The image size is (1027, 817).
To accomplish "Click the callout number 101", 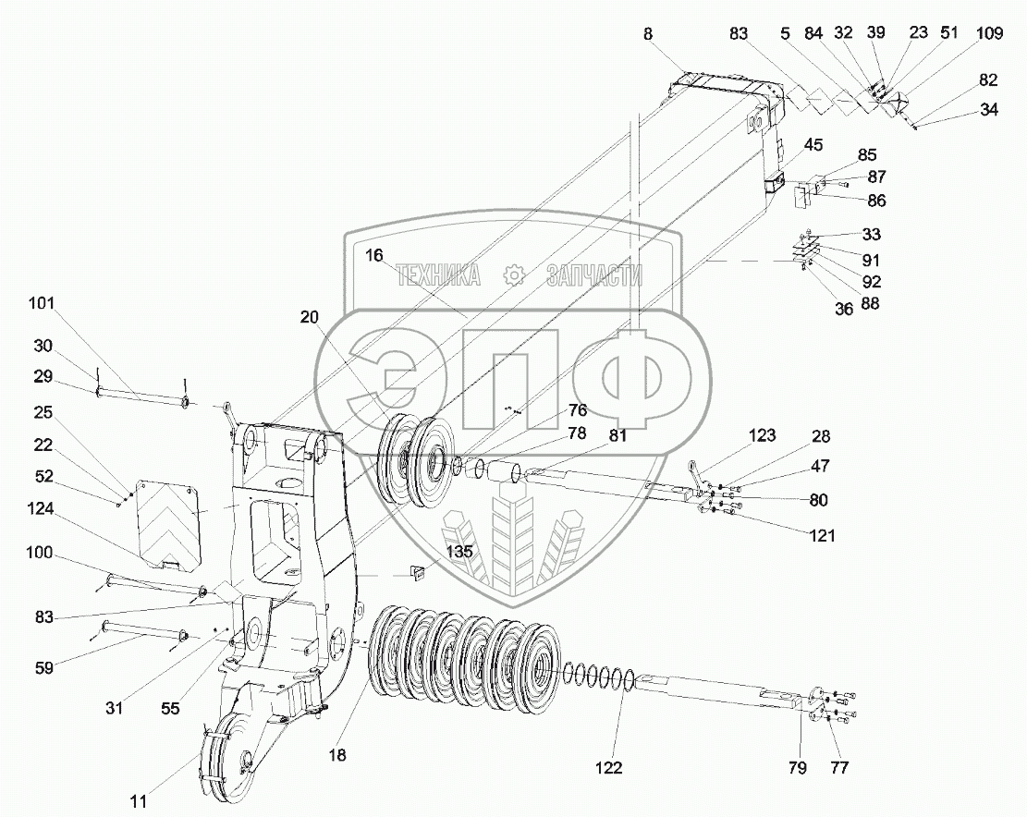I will tap(42, 303).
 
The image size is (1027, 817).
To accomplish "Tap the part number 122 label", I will tap(608, 768).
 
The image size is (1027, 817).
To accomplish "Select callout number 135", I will tap(460, 552).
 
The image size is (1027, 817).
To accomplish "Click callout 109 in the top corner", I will tap(988, 33).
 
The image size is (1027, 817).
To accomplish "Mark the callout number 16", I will tap(373, 256).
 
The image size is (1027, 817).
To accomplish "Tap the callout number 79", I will tap(797, 768).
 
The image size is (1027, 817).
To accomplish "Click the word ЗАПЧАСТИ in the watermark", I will tap(593, 274).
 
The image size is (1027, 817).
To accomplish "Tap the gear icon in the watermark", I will tap(514, 274).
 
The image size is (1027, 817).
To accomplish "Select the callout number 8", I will tap(648, 33).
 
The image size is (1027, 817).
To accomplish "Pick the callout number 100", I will tap(42, 553).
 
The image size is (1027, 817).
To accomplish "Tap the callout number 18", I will tap(337, 755).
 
